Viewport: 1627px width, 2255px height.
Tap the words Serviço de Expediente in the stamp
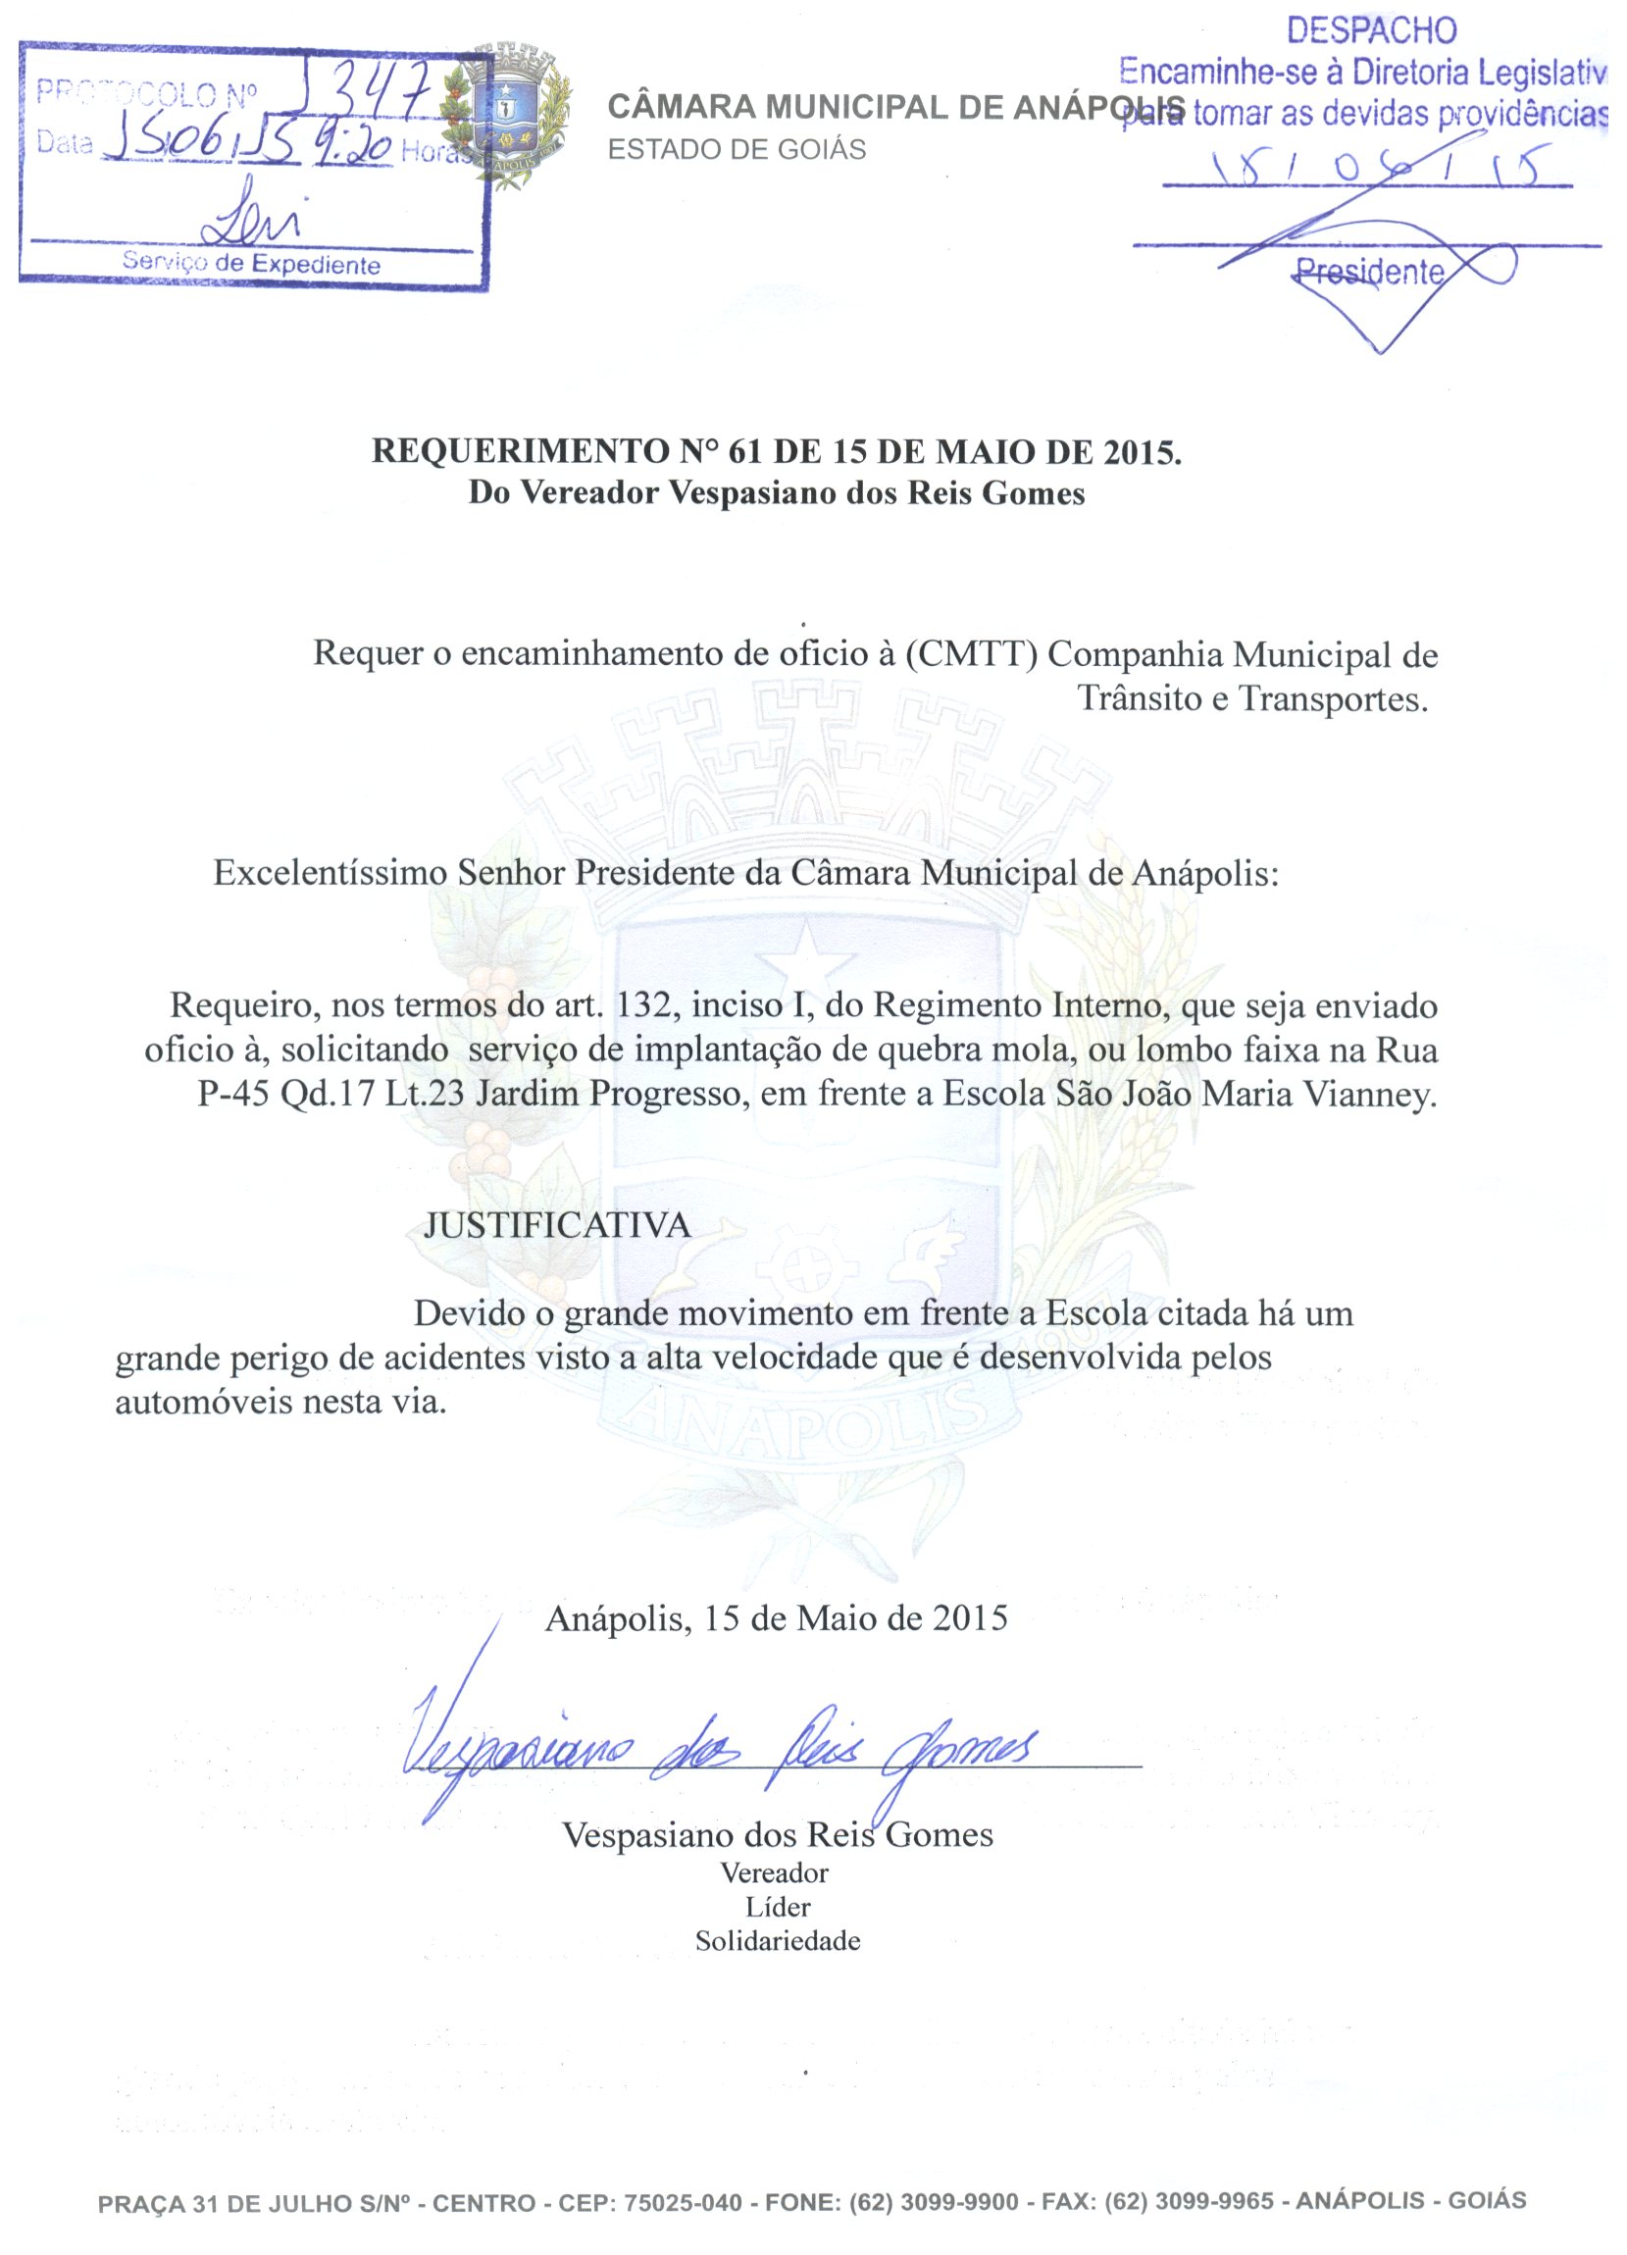click(250, 264)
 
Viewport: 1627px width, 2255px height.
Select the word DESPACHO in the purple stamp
click(1371, 30)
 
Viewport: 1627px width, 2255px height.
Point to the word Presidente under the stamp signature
click(1370, 272)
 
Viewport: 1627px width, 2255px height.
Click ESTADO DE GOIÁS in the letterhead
click(737, 149)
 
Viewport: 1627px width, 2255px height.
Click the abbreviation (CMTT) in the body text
click(971, 654)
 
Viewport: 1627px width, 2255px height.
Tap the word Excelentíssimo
click(330, 873)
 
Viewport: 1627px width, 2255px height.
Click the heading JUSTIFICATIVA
click(557, 1224)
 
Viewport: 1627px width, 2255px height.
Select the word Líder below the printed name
click(778, 1907)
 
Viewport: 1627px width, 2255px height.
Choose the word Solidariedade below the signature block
click(778, 1941)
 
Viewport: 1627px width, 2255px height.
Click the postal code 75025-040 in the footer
click(682, 2202)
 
